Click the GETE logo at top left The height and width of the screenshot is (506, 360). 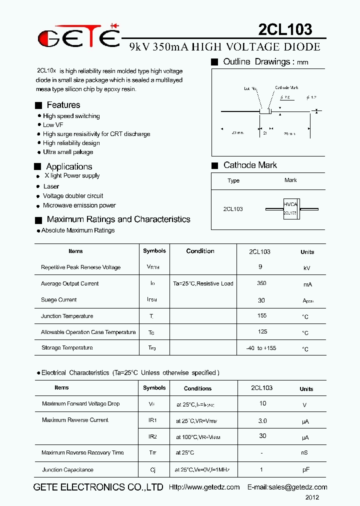79,36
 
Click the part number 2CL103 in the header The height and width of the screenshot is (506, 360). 285,29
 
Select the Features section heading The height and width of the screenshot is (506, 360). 63,105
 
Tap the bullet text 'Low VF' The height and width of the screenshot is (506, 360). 53,125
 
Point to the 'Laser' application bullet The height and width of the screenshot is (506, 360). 51,186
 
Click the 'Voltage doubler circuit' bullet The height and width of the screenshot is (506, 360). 73,196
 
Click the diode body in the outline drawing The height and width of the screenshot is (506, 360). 265,111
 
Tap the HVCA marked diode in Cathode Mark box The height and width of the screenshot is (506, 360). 290,208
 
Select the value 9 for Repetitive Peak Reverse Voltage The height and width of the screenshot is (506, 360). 260,267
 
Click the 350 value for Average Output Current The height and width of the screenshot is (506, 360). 261,283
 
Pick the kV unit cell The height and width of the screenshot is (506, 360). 307,268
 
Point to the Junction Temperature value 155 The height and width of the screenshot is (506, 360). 261,315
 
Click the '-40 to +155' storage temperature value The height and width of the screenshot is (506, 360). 261,348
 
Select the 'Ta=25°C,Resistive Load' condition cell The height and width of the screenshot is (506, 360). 203,283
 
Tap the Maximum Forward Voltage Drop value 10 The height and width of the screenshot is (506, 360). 262,403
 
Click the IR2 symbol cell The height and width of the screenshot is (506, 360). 152,436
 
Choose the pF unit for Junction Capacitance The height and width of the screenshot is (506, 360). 305,470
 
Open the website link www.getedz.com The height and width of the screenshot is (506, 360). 204,487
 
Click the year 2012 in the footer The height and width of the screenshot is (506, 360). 312,497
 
